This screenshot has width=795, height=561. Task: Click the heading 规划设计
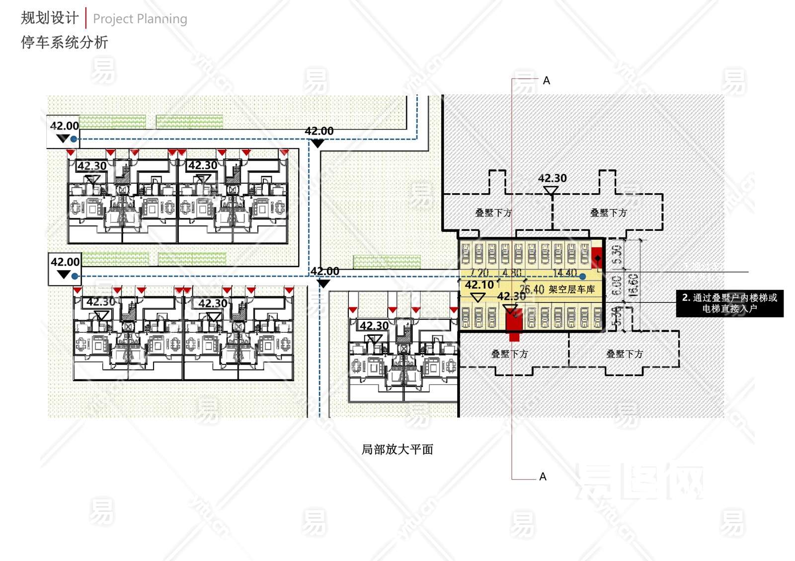50,18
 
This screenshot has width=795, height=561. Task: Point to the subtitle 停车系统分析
64,42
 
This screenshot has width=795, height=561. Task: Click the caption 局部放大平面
397,449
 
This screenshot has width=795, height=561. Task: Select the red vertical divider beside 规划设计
86,18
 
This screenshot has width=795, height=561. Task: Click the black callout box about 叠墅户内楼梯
729,303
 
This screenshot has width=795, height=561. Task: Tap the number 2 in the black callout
685,298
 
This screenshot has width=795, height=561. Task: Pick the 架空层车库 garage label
572,289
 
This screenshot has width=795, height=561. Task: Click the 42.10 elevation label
479,285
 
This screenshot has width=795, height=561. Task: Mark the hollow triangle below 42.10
477,297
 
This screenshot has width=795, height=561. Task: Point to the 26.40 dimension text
532,289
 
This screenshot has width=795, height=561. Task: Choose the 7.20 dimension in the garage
479,273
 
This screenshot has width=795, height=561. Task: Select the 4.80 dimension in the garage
512,273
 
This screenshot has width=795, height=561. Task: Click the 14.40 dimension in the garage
565,273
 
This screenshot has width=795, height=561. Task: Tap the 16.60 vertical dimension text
634,285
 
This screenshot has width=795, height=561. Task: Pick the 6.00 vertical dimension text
617,285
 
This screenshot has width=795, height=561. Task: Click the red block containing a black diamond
597,258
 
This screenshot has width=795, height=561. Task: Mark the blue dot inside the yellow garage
582,277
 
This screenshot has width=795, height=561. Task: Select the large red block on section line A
514,322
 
